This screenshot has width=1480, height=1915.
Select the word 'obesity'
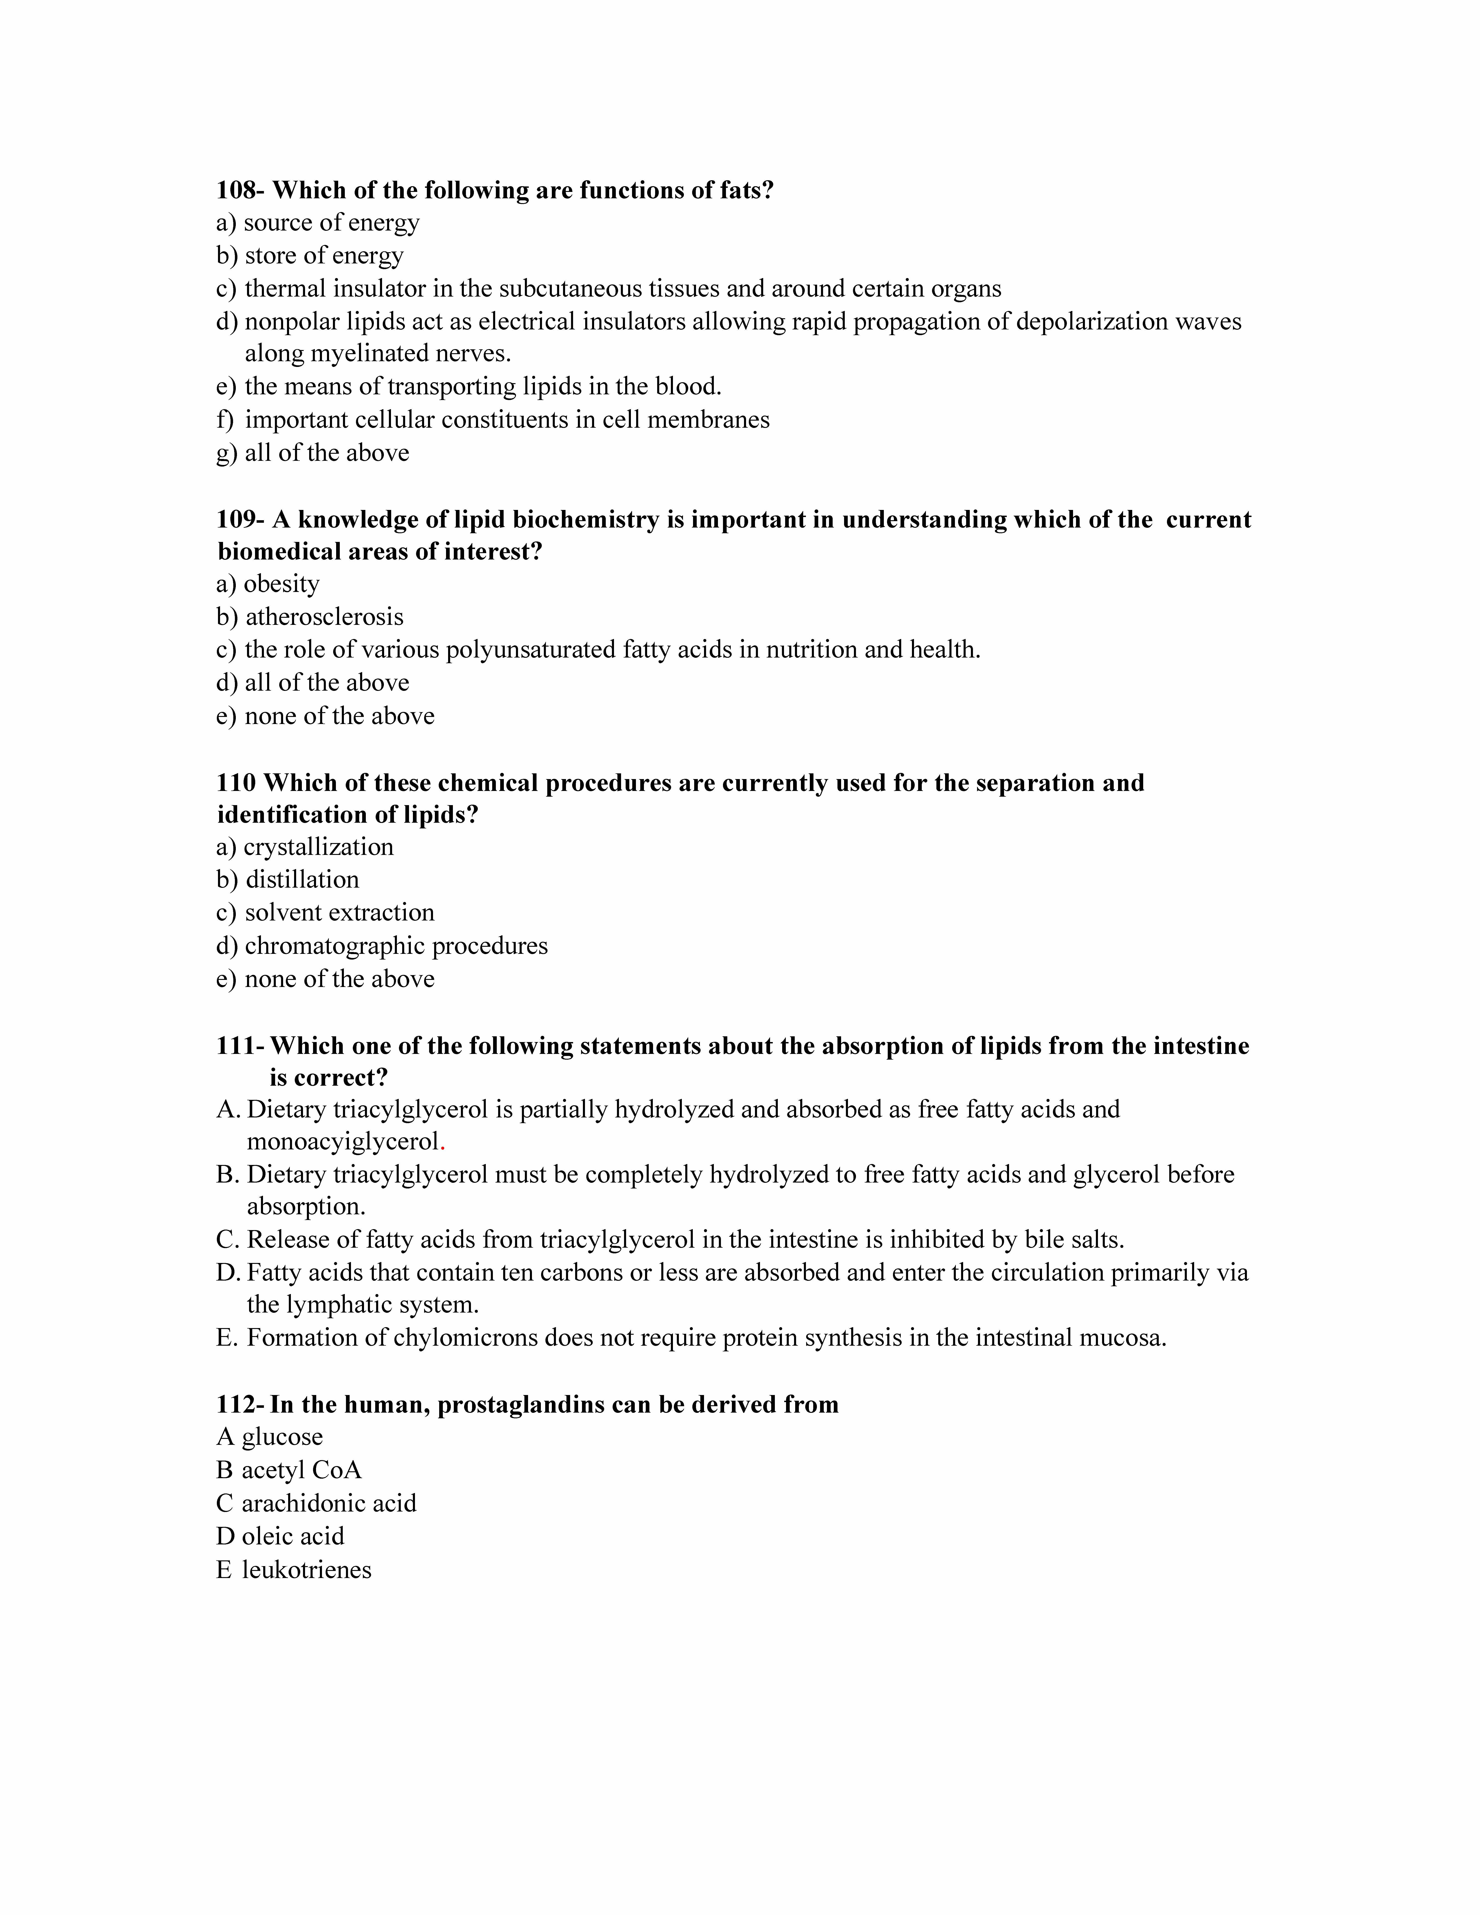pyautogui.click(x=282, y=584)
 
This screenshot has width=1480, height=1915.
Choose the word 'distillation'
pyautogui.click(x=303, y=879)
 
